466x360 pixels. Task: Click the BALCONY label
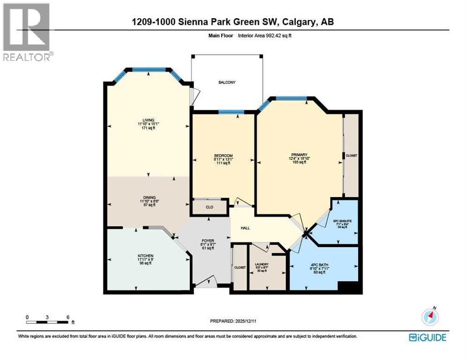(227, 82)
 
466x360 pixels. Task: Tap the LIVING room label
(149, 120)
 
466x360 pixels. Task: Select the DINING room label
(149, 197)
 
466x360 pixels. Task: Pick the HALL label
(245, 228)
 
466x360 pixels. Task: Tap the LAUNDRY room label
(261, 265)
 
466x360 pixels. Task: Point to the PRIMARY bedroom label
(299, 155)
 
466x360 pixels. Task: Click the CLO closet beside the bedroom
(210, 207)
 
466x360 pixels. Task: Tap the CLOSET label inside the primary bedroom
(351, 155)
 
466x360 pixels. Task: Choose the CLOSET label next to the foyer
(240, 267)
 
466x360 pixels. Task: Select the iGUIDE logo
(427, 337)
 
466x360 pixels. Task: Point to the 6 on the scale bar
(68, 317)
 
